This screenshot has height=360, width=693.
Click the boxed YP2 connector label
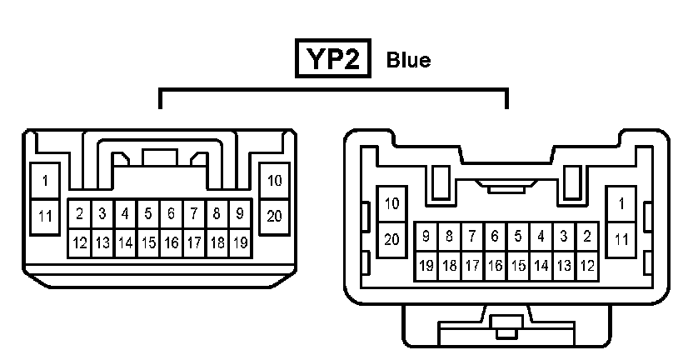[x=333, y=60]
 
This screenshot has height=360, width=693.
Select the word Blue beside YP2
[x=408, y=61]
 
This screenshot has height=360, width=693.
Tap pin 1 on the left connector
[x=46, y=180]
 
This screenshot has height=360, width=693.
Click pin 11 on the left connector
[x=46, y=216]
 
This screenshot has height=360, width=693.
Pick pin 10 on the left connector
[x=274, y=180]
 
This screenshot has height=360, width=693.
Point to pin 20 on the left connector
[x=274, y=216]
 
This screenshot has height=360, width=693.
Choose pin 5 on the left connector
[x=147, y=213]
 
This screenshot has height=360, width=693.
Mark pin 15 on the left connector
[x=147, y=243]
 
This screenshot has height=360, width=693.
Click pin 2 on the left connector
[x=79, y=213]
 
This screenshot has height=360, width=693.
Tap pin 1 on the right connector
[x=621, y=202]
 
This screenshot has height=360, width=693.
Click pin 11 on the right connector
[x=621, y=238]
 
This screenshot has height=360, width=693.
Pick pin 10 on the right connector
[x=392, y=202]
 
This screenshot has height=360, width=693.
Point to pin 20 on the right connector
[x=392, y=238]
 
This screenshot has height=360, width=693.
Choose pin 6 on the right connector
[x=495, y=236]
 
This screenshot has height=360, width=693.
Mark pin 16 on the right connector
[x=495, y=266]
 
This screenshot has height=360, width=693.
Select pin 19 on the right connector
[x=426, y=266]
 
